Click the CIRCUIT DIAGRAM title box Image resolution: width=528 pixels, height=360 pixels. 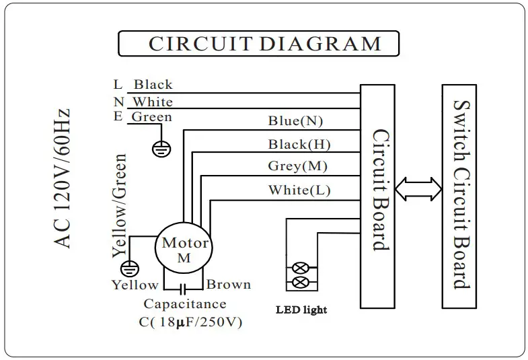pos(258,44)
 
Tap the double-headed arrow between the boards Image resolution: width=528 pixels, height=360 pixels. pos(418,189)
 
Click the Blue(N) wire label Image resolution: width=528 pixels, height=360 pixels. pos(295,122)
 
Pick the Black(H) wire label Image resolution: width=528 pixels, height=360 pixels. pos(299,144)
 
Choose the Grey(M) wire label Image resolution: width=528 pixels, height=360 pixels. pos(297,166)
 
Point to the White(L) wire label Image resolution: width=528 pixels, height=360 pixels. pos(299,190)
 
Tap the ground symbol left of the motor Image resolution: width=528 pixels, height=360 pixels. pos(133,268)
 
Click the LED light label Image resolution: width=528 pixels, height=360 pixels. pos(301,310)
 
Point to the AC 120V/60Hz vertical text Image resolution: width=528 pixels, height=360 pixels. pos(63,178)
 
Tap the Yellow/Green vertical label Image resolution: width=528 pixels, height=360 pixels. pos(119,206)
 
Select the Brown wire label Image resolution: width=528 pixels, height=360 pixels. pos(228,285)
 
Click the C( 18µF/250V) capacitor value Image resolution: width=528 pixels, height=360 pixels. pos(190,322)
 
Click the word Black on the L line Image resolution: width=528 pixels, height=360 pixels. pos(153,85)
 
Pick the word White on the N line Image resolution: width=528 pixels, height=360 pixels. pos(152,102)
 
